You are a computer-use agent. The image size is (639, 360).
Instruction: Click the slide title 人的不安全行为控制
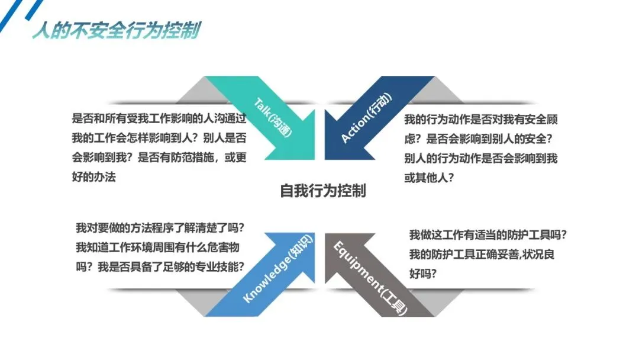tap(117, 31)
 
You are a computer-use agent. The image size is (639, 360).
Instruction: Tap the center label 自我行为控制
tap(323, 191)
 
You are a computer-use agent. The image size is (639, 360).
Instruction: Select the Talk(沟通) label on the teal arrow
tap(273, 118)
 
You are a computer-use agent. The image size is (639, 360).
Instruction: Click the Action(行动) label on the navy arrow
tap(366, 118)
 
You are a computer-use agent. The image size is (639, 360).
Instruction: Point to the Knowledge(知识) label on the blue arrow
tap(278, 269)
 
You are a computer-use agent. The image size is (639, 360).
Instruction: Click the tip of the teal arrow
tap(315, 159)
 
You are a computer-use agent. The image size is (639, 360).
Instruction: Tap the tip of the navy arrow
tap(325, 159)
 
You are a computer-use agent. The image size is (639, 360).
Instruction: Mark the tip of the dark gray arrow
tap(325, 233)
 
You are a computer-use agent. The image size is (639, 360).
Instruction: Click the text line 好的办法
tap(93, 177)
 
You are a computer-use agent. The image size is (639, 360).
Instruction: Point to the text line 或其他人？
tap(429, 178)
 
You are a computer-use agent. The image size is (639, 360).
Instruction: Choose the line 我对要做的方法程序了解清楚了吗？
tap(160, 228)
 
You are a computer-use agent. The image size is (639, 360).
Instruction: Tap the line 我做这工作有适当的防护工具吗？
tap(488, 235)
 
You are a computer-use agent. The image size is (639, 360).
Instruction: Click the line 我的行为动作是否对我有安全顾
tap(481, 120)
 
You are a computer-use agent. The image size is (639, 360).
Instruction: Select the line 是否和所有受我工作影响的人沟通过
tap(159, 118)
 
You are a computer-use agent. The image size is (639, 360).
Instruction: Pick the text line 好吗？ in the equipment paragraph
tap(422, 274)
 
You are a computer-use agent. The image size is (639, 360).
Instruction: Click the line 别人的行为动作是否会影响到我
tap(481, 158)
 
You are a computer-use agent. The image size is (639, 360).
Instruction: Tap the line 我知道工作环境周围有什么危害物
tap(157, 247)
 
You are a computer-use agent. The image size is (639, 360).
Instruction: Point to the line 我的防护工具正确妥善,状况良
tap(482, 255)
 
